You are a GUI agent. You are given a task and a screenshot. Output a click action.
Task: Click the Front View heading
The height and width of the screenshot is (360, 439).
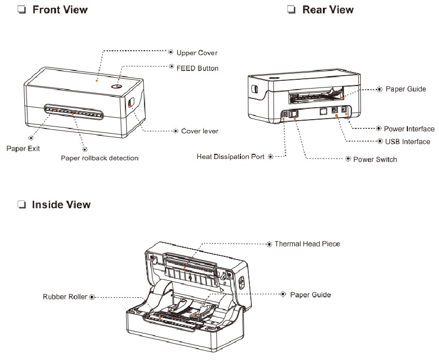pyautogui.click(x=60, y=10)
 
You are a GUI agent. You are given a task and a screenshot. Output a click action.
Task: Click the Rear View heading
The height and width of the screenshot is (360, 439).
pyautogui.click(x=328, y=10)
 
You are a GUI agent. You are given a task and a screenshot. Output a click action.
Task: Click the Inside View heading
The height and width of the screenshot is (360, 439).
pyautogui.click(x=61, y=205)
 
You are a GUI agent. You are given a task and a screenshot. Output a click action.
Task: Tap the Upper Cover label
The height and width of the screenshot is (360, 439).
pyautogui.click(x=196, y=53)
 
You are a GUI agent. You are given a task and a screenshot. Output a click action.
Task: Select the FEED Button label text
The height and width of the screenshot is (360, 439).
pyautogui.click(x=197, y=68)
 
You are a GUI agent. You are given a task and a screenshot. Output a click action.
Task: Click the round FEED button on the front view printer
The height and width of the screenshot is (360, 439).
pyautogui.click(x=117, y=87)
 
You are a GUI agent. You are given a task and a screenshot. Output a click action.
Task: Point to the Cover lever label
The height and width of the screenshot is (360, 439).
pyautogui.click(x=200, y=131)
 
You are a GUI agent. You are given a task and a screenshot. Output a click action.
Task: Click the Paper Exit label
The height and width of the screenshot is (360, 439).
pyautogui.click(x=23, y=148)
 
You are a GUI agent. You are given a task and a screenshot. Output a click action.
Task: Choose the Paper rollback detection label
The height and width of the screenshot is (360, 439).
pyautogui.click(x=100, y=158)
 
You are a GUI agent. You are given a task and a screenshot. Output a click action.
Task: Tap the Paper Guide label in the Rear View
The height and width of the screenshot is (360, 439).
pyautogui.click(x=405, y=89)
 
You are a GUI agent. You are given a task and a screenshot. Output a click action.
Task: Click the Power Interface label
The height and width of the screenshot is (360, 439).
pyautogui.click(x=409, y=129)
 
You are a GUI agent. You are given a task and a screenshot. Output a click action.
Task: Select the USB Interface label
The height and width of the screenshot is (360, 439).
pyautogui.click(x=407, y=142)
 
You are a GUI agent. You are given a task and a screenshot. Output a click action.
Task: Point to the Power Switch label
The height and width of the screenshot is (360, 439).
pyautogui.click(x=375, y=160)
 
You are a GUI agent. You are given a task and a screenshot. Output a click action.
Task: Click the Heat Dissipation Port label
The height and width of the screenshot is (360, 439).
pyautogui.click(x=231, y=156)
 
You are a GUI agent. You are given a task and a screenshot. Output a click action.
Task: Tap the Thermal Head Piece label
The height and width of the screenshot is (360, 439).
pyautogui.click(x=307, y=243)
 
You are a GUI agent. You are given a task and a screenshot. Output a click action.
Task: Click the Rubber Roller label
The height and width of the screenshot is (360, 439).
pyautogui.click(x=65, y=297)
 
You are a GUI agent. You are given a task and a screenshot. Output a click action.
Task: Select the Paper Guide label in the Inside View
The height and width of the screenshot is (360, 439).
pyautogui.click(x=310, y=295)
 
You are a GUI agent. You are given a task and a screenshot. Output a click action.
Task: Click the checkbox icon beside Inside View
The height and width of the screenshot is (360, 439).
pyautogui.click(x=22, y=205)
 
